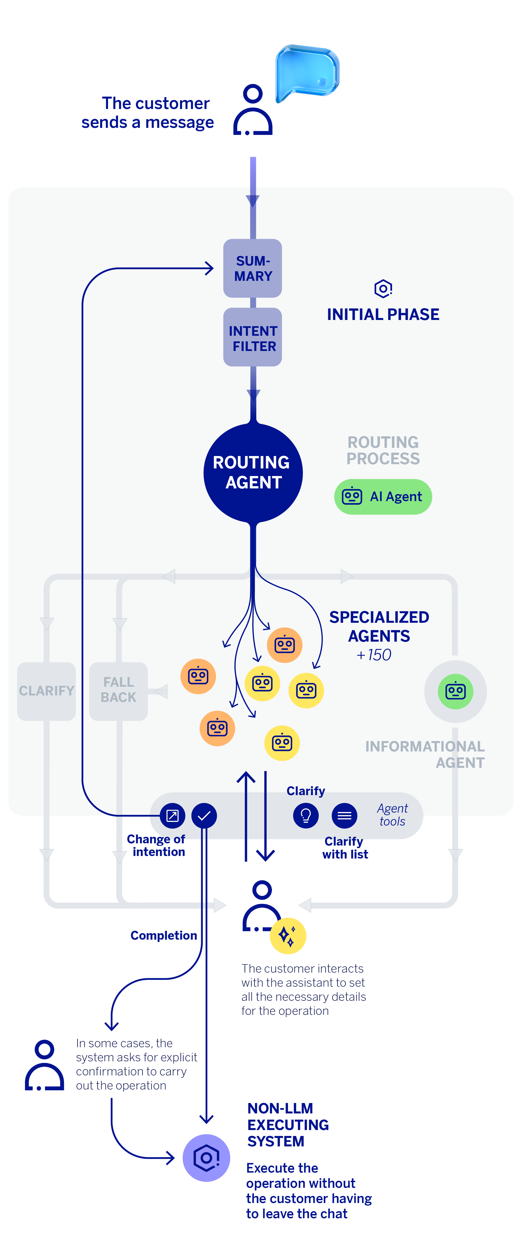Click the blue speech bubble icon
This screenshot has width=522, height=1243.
pos(307,72)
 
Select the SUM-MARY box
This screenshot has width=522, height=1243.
pos(253,268)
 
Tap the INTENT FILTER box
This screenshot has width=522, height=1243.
pos(253,338)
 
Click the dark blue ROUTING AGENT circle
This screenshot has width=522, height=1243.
pos(253,473)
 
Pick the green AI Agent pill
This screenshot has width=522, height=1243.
pos(383,497)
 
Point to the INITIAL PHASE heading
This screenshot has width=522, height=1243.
pos(383,314)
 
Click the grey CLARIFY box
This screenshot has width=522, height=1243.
pos(46,691)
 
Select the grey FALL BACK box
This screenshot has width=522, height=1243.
pos(119,690)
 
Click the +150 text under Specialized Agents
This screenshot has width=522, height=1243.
pos(374,655)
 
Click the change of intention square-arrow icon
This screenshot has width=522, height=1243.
pos(173,815)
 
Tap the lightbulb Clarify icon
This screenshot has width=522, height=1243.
pos(306,815)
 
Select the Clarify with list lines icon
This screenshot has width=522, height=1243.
pos(344,815)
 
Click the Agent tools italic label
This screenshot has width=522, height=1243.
pos(392,815)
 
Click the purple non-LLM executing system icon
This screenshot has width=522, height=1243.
pos(206,1158)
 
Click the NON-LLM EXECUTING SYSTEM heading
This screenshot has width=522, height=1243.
pos(288,1125)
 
